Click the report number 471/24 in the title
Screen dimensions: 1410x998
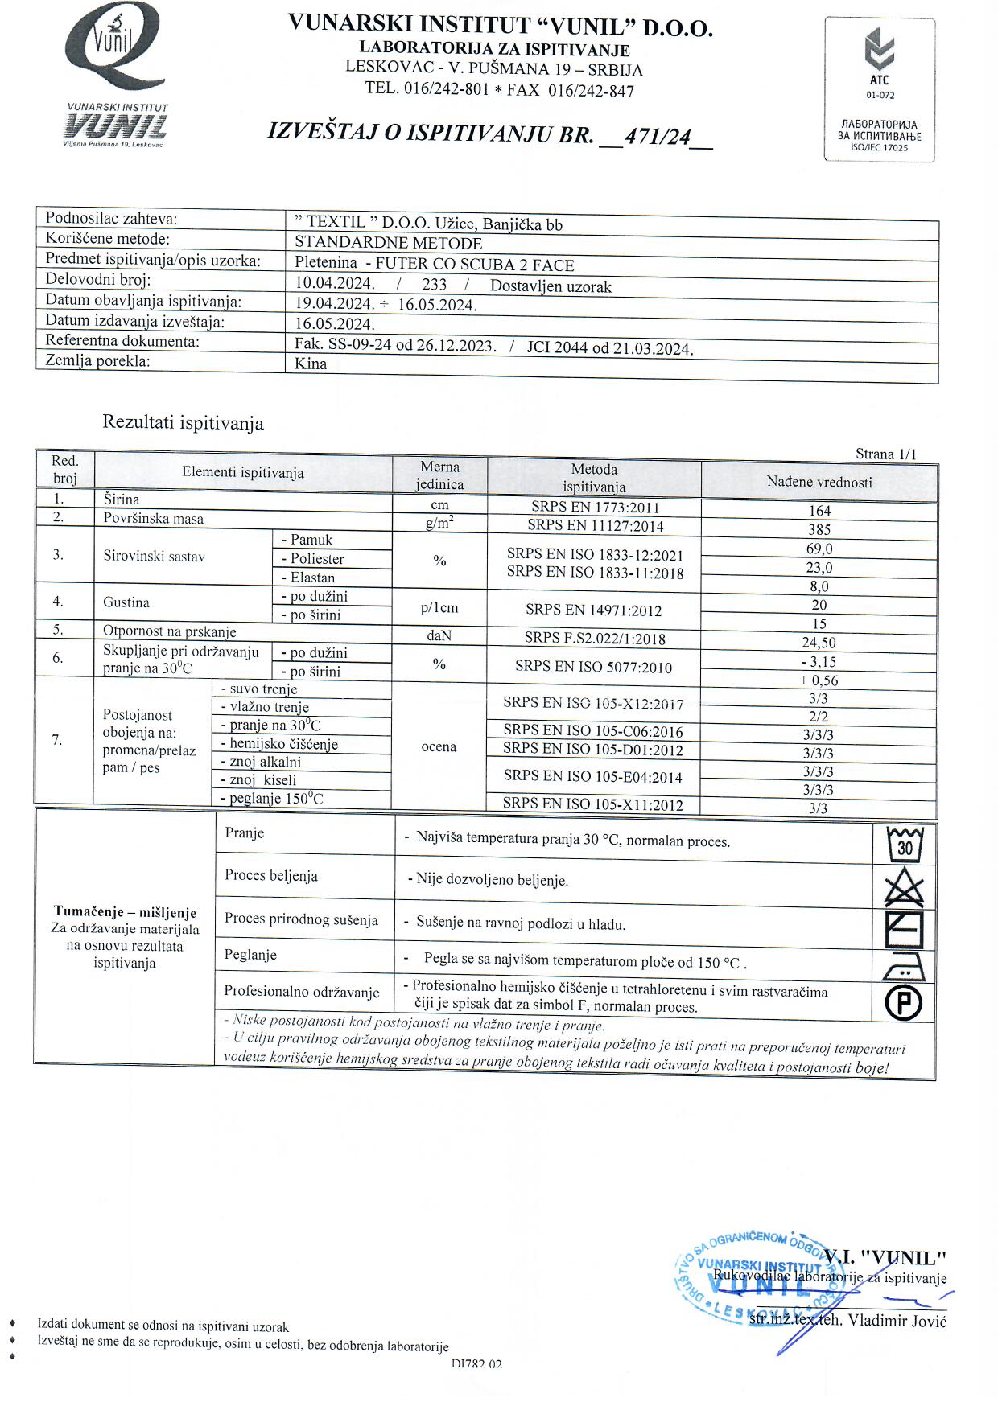pyautogui.click(x=658, y=137)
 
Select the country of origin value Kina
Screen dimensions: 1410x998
pyautogui.click(x=311, y=364)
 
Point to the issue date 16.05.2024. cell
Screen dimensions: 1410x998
pyautogui.click(x=335, y=324)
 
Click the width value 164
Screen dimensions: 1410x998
pyautogui.click(x=819, y=511)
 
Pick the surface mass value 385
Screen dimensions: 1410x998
pyautogui.click(x=819, y=530)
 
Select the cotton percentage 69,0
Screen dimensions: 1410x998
pyautogui.click(x=819, y=549)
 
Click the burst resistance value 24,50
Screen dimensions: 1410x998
pyautogui.click(x=819, y=643)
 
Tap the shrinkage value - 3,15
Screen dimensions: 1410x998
pyautogui.click(x=819, y=662)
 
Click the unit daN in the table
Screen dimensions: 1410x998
pyautogui.click(x=439, y=635)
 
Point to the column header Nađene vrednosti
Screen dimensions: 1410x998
pyautogui.click(x=819, y=482)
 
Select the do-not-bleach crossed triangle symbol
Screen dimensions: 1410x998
pyautogui.click(x=905, y=888)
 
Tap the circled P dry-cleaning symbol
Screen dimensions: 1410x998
pyautogui.click(x=904, y=1002)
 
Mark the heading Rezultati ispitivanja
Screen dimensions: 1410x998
pyautogui.click(x=183, y=423)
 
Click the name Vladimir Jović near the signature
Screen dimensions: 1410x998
pyautogui.click(x=897, y=1321)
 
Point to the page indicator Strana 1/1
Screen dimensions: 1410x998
pyautogui.click(x=885, y=454)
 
